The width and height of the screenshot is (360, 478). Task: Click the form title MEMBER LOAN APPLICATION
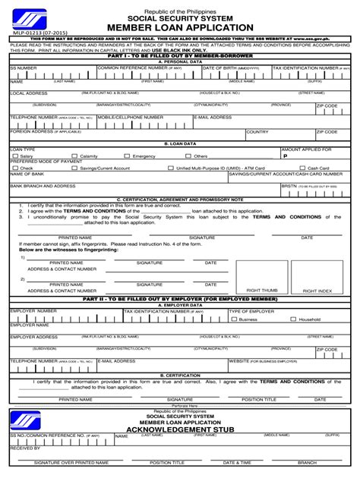(x=180, y=28)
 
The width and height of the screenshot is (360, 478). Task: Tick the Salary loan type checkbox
(x=14, y=156)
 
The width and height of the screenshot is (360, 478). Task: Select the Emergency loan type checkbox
(x=128, y=156)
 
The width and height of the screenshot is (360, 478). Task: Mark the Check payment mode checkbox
(x=14, y=168)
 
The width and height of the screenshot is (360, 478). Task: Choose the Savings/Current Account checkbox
(x=75, y=168)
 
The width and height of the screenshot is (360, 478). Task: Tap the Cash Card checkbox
(x=302, y=168)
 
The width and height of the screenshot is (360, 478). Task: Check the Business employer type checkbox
(x=234, y=319)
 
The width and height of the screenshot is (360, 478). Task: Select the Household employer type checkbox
(x=293, y=319)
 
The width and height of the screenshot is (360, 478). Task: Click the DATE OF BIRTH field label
(x=231, y=68)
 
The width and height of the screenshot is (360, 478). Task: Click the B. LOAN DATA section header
(x=180, y=143)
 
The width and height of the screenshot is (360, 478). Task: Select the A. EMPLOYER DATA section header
(x=180, y=305)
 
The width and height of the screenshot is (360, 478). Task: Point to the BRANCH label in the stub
(x=307, y=462)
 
